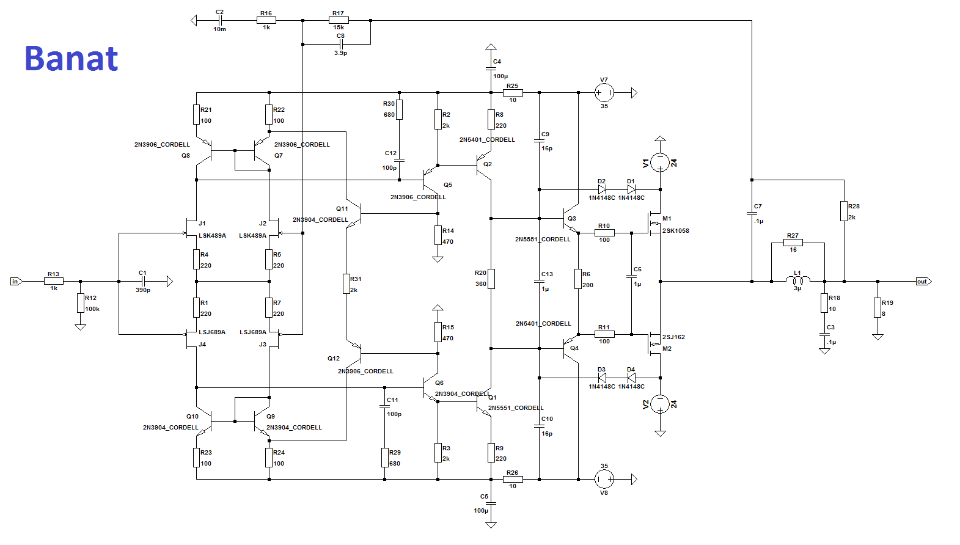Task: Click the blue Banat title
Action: click(71, 59)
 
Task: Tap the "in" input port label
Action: click(15, 282)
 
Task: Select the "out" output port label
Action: click(922, 282)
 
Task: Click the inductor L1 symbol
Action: click(797, 280)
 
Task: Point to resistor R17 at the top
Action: click(339, 20)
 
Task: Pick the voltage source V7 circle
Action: click(604, 93)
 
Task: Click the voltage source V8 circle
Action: click(604, 480)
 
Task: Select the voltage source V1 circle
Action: click(660, 163)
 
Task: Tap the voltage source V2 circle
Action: click(660, 404)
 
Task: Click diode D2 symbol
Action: click(602, 189)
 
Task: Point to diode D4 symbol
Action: click(631, 378)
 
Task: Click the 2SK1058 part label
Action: click(676, 231)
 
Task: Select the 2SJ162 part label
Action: click(673, 337)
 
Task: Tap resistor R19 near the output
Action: click(878, 307)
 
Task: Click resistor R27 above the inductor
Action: click(793, 243)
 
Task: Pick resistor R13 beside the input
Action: click(54, 281)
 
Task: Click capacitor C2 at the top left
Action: click(219, 20)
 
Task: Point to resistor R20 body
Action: click(491, 279)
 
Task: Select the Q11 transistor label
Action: click(342, 209)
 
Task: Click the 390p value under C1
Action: click(143, 290)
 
